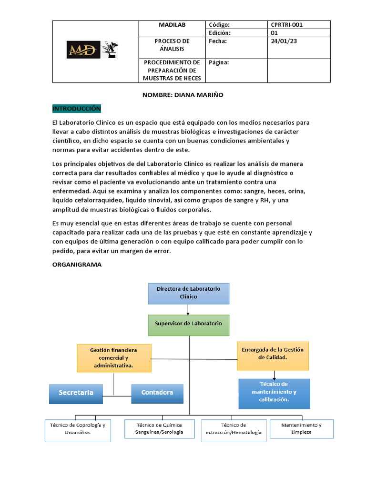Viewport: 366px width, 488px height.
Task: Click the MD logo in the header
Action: click(x=84, y=49)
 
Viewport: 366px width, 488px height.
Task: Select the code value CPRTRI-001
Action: click(x=287, y=25)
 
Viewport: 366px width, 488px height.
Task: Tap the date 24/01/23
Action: click(x=284, y=41)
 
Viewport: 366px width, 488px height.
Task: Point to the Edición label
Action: click(x=220, y=33)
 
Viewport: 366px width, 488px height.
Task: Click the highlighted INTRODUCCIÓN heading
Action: click(x=77, y=108)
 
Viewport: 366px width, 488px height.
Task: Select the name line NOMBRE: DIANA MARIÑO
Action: click(x=183, y=95)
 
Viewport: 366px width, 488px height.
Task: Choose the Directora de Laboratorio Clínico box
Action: click(x=188, y=293)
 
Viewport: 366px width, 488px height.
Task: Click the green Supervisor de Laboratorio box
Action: click(x=188, y=323)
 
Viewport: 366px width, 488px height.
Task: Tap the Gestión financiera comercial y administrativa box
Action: click(x=113, y=358)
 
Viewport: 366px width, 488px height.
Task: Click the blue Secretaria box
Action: click(x=76, y=393)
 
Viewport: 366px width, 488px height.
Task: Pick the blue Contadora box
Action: click(x=157, y=393)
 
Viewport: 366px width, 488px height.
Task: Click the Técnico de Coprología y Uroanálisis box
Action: click(x=77, y=428)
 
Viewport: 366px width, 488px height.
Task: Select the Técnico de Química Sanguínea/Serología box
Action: click(x=159, y=428)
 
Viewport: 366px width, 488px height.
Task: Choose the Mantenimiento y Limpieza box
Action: click(x=301, y=428)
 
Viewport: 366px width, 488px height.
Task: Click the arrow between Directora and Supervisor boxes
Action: click(x=188, y=309)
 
